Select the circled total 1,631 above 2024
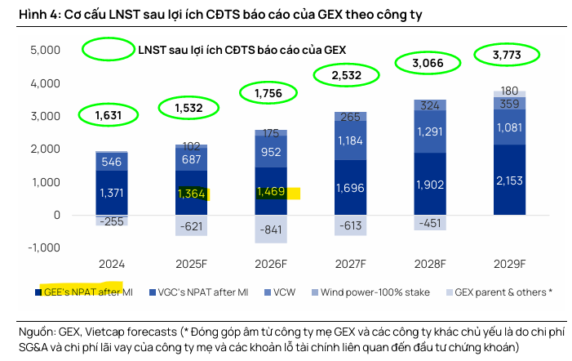point(108,116)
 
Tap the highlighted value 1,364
point(192,194)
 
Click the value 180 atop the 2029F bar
point(510,91)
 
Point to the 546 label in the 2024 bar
point(111,162)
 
